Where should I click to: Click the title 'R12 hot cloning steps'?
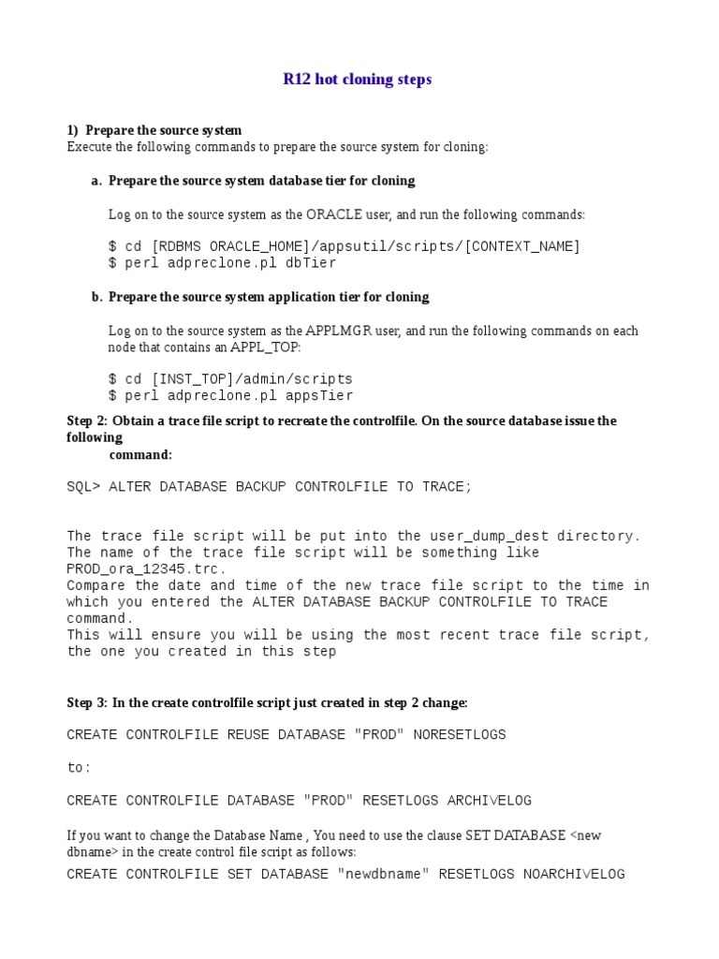point(358,80)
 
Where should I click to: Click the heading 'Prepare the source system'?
point(163,130)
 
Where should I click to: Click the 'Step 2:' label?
point(87,420)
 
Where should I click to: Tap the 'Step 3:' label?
point(87,702)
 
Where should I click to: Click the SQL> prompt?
point(83,487)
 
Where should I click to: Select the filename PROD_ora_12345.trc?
point(146,569)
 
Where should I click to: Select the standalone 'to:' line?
point(79,768)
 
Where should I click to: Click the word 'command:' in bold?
point(140,454)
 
